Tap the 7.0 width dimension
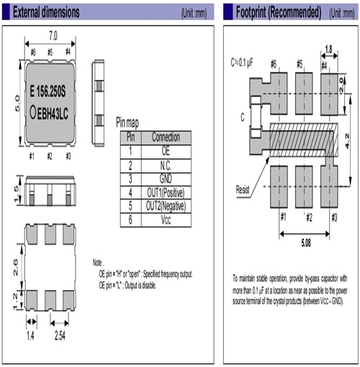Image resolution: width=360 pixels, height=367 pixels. [51, 35]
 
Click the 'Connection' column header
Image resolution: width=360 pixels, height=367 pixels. [166, 137]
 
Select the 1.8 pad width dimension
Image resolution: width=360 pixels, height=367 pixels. [328, 50]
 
